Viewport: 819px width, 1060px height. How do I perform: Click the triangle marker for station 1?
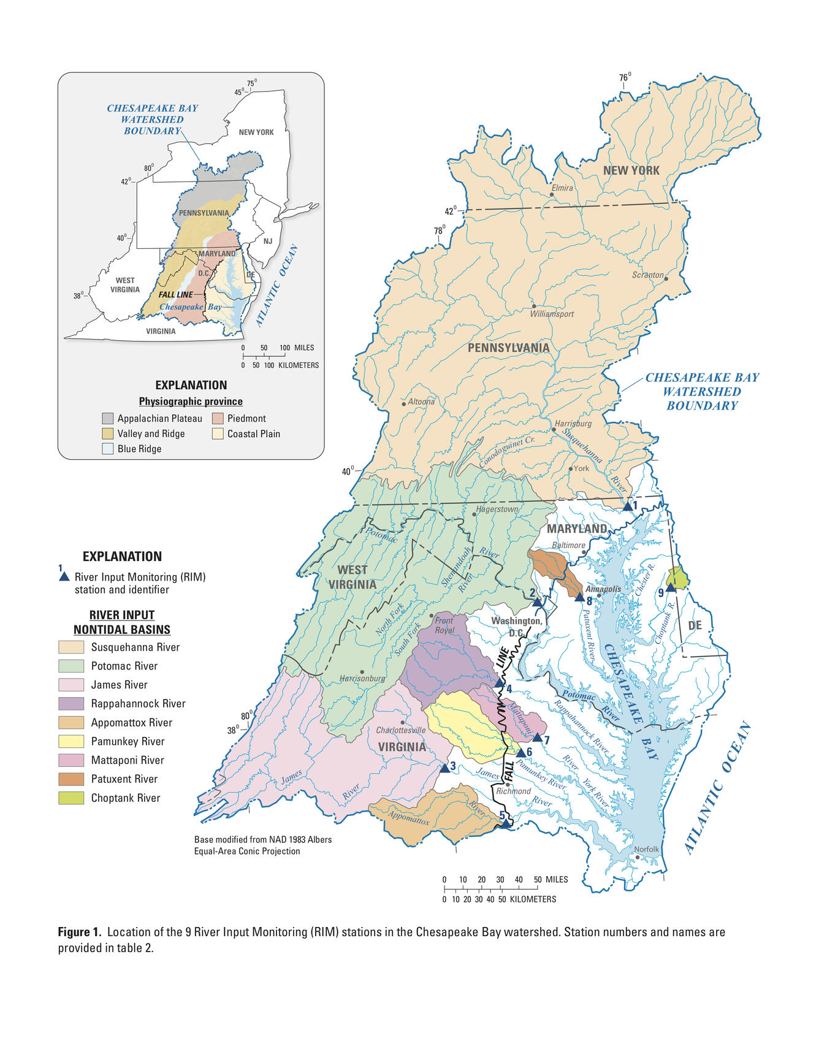[627, 506]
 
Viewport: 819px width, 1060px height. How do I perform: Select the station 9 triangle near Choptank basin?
[671, 587]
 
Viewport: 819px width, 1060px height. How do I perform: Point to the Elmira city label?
[562, 188]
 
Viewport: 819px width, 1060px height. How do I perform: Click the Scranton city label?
[648, 275]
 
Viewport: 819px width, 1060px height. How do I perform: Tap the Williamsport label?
[552, 314]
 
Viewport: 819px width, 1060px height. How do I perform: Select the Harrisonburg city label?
[362, 679]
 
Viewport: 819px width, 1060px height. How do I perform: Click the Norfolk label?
[646, 849]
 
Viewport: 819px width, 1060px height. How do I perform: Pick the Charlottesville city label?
[400, 730]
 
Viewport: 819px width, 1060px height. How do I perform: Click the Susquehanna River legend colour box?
[71, 647]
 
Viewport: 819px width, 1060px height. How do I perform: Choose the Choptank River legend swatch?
[71, 798]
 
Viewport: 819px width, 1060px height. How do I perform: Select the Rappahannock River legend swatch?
[71, 703]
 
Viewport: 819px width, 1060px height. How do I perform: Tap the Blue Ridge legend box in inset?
[108, 449]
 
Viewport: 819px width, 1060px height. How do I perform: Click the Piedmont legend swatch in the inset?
[218, 419]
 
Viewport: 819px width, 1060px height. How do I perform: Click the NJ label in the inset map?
[268, 241]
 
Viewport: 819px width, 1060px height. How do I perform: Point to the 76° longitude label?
[625, 77]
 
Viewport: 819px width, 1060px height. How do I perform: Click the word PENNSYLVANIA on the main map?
[508, 348]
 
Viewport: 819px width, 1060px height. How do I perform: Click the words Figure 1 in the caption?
[79, 932]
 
